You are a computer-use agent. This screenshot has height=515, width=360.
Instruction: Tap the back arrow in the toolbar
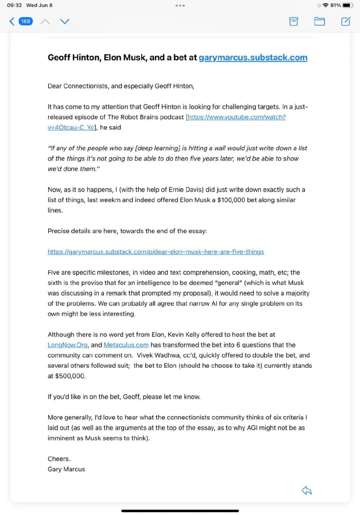tap(12, 21)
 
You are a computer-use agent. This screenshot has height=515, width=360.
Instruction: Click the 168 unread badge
tap(26, 21)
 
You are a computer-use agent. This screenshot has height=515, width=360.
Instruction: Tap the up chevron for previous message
tap(45, 21)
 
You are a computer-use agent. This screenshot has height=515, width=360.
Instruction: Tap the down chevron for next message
tap(65, 21)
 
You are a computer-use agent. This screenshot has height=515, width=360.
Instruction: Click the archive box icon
tap(294, 21)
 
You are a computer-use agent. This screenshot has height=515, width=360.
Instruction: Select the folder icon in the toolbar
tap(319, 21)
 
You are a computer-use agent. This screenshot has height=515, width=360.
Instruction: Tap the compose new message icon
tap(346, 21)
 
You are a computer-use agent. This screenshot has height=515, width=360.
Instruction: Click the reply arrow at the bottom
tap(307, 490)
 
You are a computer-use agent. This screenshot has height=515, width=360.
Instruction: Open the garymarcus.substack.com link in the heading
tap(253, 58)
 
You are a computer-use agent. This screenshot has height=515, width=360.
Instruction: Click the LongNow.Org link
tap(67, 345)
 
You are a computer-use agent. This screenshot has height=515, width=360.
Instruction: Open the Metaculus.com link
tap(126, 345)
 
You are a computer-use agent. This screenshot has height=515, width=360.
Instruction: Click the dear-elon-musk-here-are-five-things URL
tap(156, 252)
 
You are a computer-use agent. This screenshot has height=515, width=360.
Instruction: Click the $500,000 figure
tap(70, 376)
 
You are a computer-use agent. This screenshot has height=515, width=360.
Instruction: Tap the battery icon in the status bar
tap(348, 5)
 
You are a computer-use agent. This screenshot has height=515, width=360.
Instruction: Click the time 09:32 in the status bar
tap(14, 5)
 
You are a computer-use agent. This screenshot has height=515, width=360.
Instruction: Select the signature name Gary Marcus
tap(66, 469)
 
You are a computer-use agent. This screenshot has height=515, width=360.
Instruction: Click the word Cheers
tap(59, 459)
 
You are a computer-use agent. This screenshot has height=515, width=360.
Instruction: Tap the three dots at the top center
tap(180, 6)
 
